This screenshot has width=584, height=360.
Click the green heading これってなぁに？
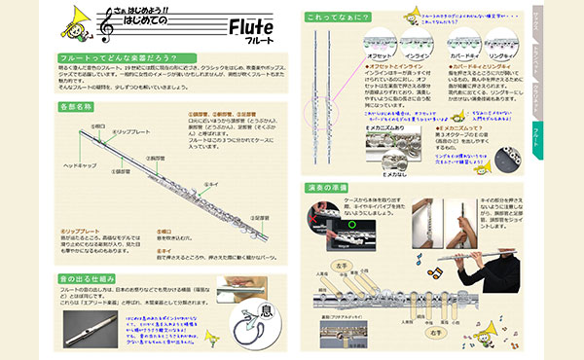point(341,18)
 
